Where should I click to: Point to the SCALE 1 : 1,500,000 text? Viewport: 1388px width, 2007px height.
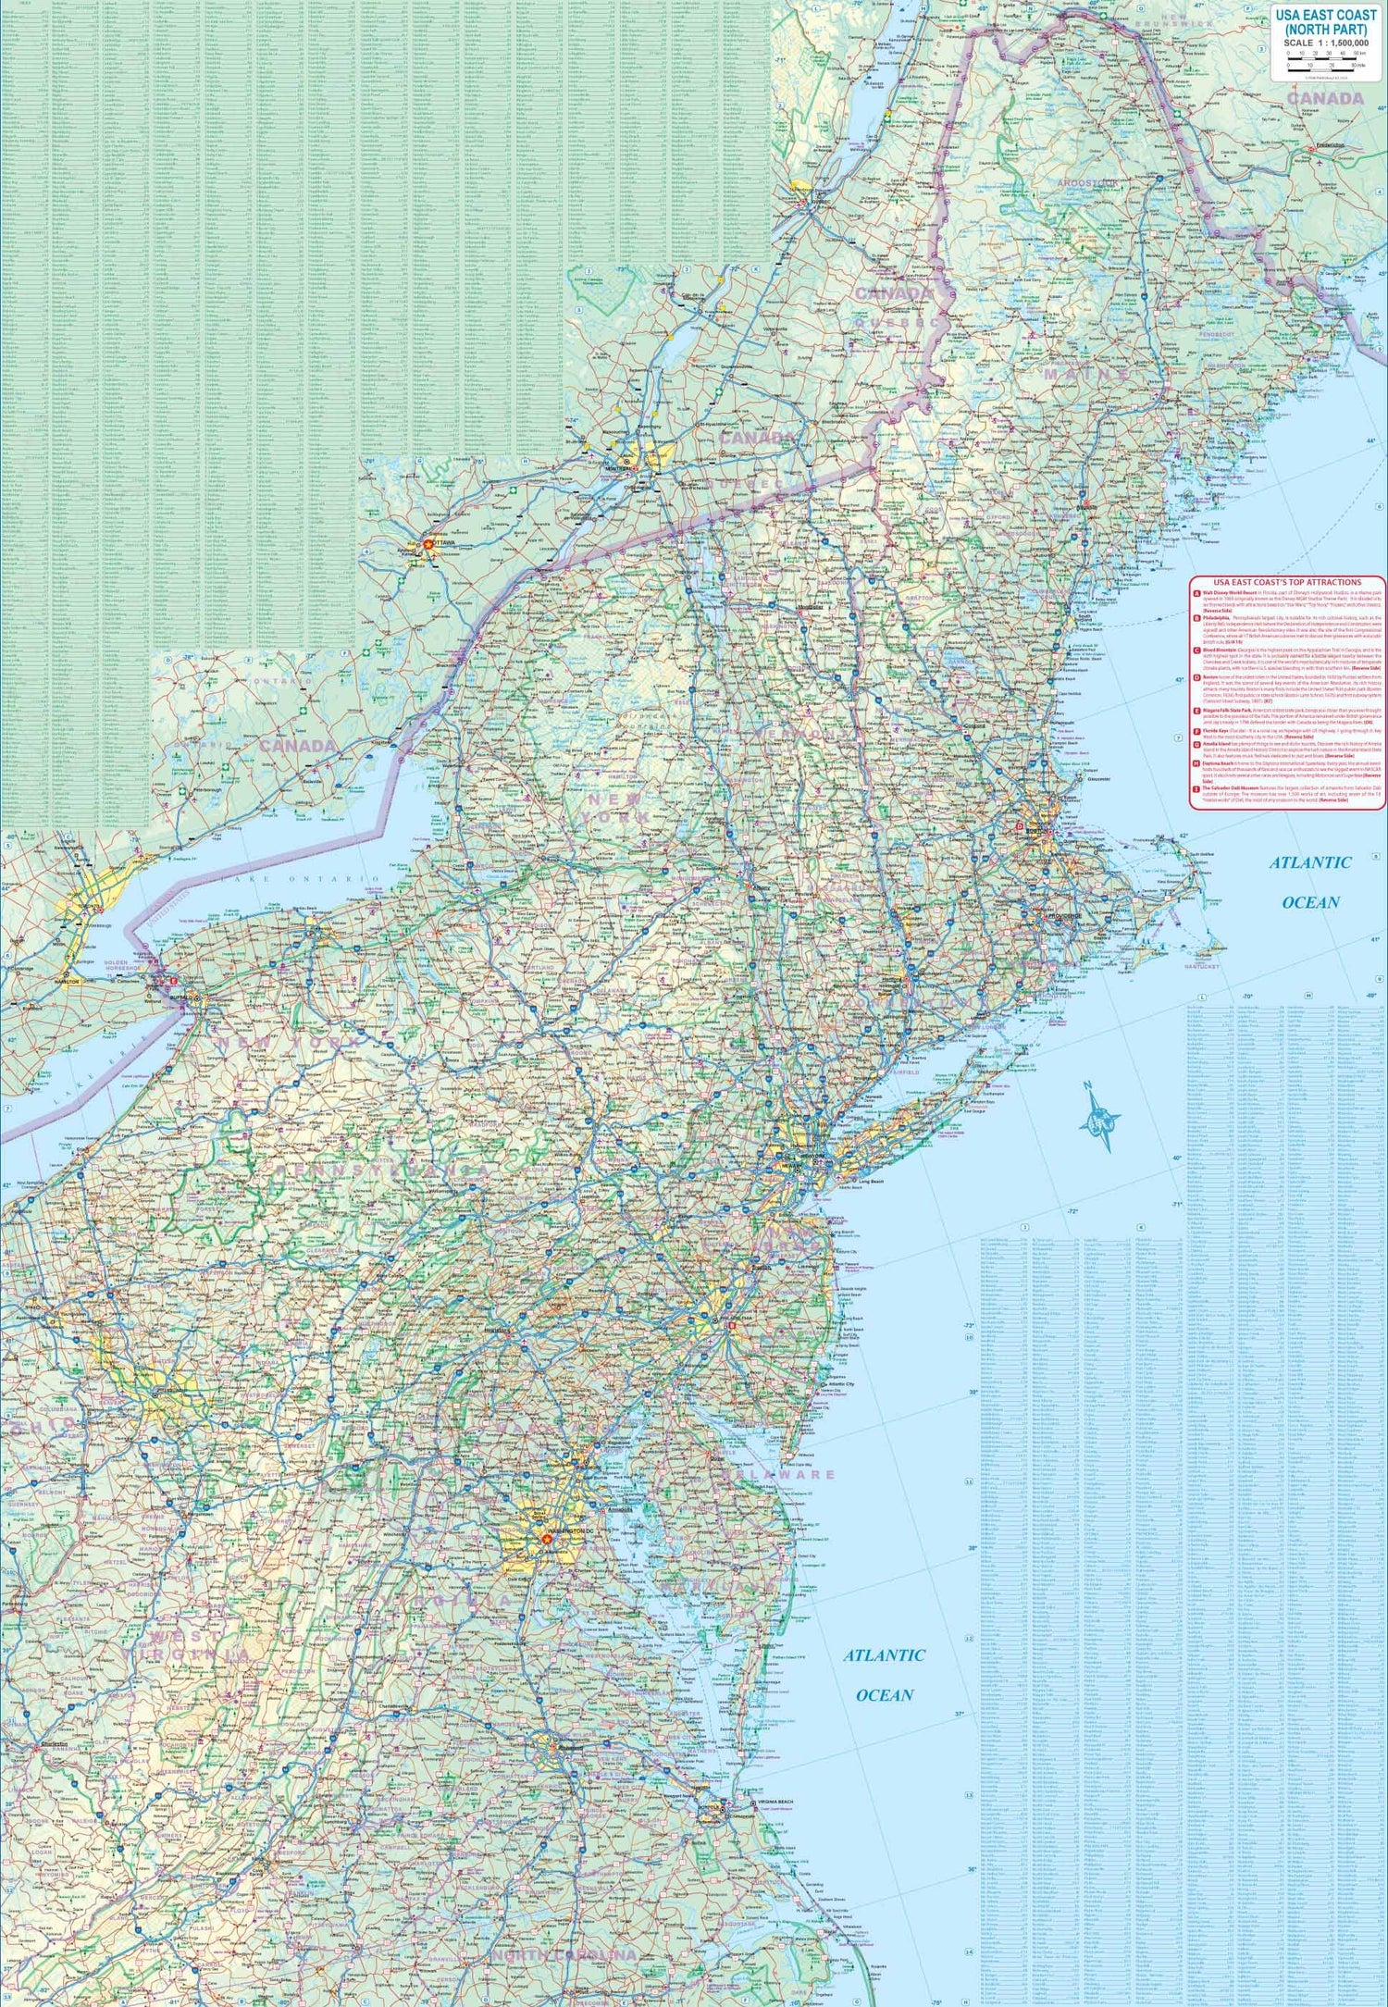pyautogui.click(x=1326, y=43)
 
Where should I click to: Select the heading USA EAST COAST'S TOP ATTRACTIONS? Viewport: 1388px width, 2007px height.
pyautogui.click(x=1287, y=582)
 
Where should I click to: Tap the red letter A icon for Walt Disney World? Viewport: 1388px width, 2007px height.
pyautogui.click(x=1196, y=593)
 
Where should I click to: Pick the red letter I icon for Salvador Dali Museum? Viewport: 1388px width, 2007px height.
pyautogui.click(x=1196, y=789)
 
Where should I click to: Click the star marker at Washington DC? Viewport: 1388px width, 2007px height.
pyautogui.click(x=546, y=1539)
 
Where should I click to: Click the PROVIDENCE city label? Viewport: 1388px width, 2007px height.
pyautogui.click(x=1065, y=916)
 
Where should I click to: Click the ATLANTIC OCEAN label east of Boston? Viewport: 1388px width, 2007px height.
pyautogui.click(x=1310, y=882)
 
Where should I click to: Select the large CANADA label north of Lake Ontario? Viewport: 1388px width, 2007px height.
pyautogui.click(x=298, y=746)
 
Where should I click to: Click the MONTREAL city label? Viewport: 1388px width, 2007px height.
pyautogui.click(x=618, y=468)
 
